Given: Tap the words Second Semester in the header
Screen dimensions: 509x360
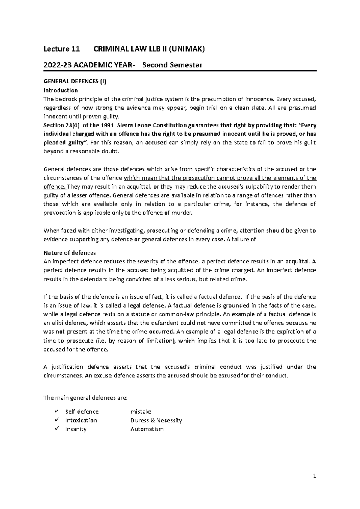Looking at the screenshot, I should point(172,65).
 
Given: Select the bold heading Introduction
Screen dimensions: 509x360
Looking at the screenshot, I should point(61,90).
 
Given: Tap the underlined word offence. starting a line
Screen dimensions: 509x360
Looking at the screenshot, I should point(55,187).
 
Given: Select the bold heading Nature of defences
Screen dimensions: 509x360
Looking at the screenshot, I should point(70,252).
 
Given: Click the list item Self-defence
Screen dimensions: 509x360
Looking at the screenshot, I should point(82,412).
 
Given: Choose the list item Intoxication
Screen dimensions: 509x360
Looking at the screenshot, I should point(81,420).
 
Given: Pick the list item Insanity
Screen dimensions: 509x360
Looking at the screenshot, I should point(76,429).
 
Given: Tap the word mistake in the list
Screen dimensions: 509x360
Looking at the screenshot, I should point(141,412).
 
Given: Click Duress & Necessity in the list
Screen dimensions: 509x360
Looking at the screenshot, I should point(156,420).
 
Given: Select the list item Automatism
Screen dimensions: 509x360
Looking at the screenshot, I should point(147,429).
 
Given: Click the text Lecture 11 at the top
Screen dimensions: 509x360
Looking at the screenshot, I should point(62,49).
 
